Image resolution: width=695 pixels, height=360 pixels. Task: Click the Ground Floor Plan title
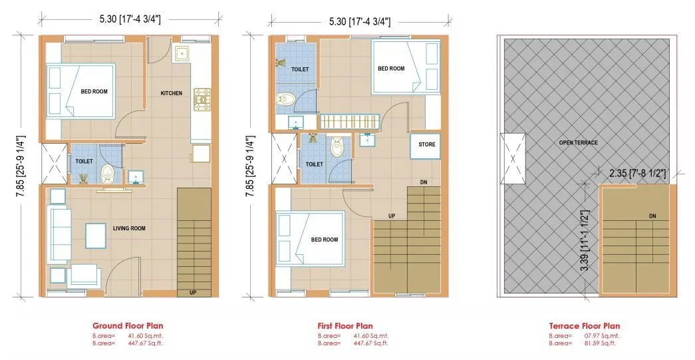[126, 326]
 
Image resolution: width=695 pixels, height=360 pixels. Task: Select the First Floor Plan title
[346, 326]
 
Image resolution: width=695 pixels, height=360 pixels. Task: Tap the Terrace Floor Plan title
[585, 326]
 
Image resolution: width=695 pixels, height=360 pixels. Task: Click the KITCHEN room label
[171, 93]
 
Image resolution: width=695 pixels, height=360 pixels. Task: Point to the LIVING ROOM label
[129, 228]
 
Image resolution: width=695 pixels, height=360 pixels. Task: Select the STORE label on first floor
[426, 144]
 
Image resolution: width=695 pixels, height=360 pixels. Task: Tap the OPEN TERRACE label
[578, 143]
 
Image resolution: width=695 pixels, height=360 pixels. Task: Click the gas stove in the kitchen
[202, 98]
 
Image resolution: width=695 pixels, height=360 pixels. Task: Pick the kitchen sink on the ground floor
[182, 54]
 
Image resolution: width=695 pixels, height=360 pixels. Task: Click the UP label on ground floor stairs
[192, 292]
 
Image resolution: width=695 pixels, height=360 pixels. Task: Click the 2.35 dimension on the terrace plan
[638, 173]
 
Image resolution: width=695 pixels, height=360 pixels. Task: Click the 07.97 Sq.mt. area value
[600, 336]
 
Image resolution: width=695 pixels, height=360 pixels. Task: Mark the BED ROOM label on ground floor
[94, 92]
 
